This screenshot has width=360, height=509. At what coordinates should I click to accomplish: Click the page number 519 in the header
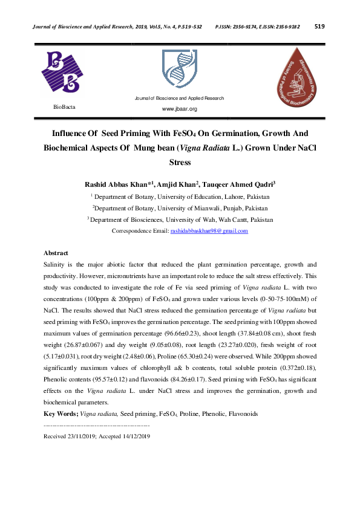pos(320,26)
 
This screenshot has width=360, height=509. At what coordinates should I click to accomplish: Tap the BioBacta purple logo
pos(61,72)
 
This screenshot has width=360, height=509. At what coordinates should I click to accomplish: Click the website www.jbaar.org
pos(179,109)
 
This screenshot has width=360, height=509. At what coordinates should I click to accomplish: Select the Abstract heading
pos(56,253)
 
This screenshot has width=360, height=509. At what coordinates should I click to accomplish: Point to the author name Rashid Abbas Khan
pos(116,184)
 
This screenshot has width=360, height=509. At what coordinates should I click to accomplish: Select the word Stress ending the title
pos(180,162)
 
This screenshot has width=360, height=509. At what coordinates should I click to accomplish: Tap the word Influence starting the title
pos(70,133)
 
